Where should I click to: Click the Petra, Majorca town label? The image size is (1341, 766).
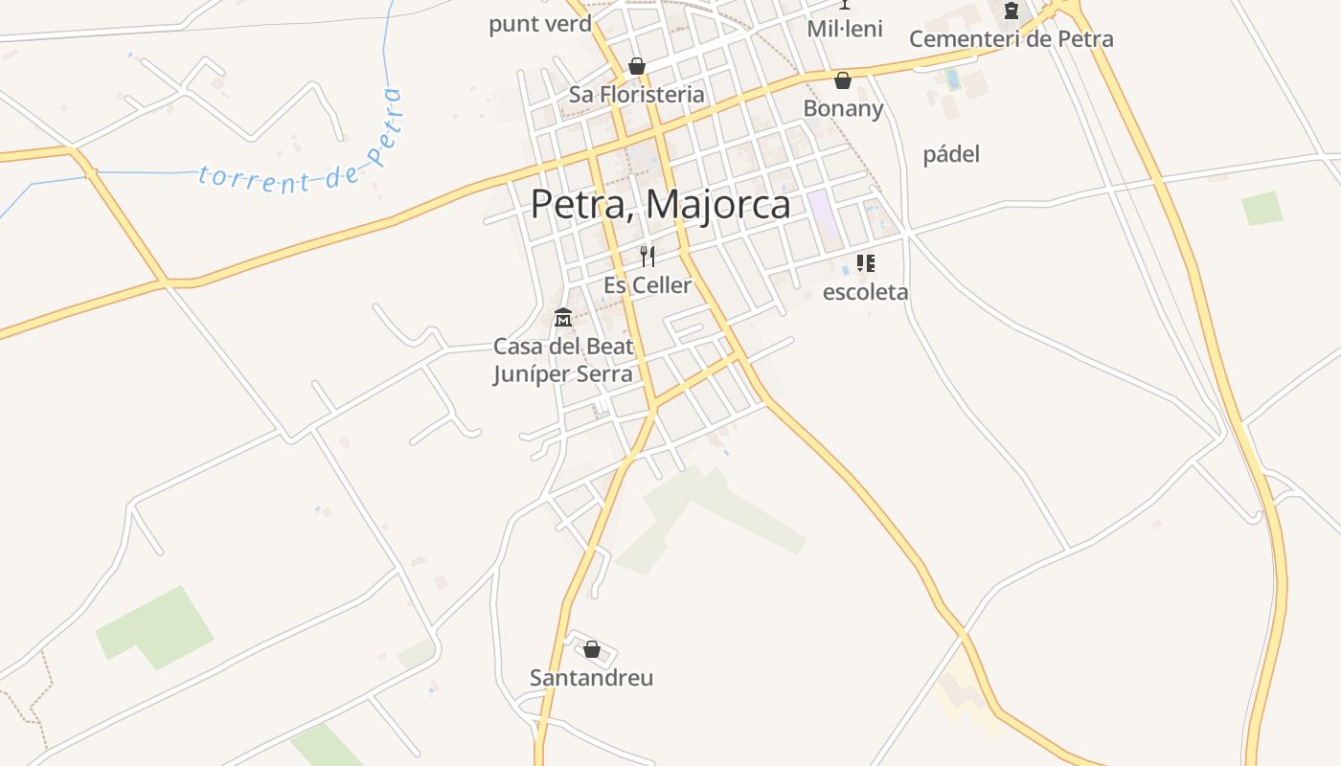[x=661, y=205]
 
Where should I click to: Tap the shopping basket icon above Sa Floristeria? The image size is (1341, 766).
[x=636, y=66]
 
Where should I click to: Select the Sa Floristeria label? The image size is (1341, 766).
[x=636, y=95]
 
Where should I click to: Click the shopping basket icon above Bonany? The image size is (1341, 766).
[x=843, y=80]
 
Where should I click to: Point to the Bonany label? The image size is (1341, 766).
[x=843, y=108]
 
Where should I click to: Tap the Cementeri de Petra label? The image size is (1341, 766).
[x=1011, y=39]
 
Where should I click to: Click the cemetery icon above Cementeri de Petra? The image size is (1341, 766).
[x=1011, y=11]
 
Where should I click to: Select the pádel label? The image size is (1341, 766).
[x=951, y=154]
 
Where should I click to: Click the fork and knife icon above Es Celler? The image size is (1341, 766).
[x=648, y=257]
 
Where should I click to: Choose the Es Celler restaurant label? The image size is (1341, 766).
[x=648, y=285]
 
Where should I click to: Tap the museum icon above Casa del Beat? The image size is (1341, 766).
[x=563, y=317]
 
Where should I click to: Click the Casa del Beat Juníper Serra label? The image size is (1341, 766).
[x=563, y=360]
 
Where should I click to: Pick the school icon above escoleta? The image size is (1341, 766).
[x=865, y=263]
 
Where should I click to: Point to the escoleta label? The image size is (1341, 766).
[x=865, y=292]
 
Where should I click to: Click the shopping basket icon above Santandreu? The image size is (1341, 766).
[x=592, y=649]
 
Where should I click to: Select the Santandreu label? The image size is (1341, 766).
[x=592, y=678]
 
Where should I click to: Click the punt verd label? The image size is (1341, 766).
[x=540, y=24]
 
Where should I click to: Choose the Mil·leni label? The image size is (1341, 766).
[x=845, y=29]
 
